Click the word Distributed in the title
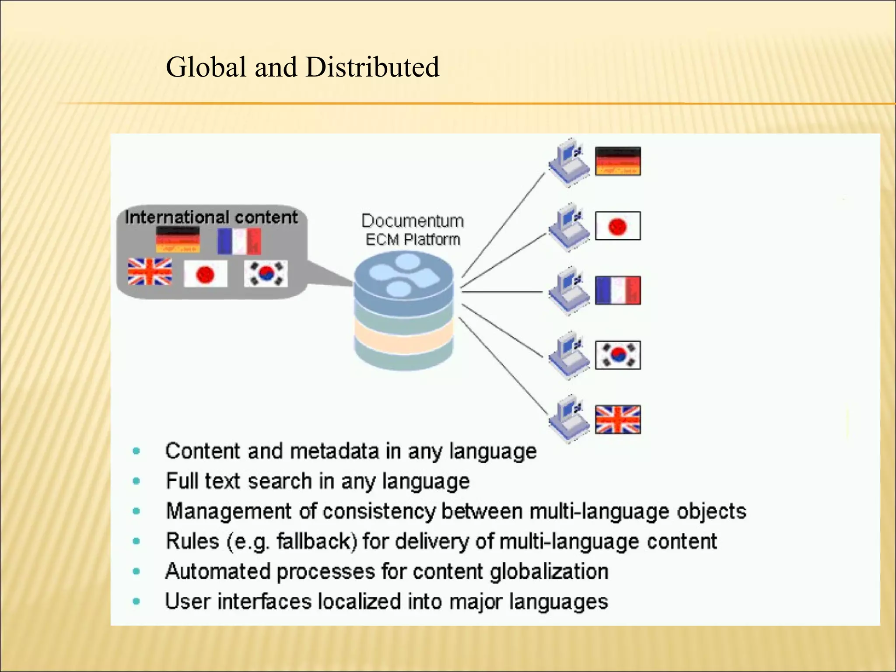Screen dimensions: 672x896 pos(372,67)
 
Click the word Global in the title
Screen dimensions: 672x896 pos(206,67)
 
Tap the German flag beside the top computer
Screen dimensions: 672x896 pos(618,161)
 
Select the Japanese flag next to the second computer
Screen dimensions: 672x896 pos(618,226)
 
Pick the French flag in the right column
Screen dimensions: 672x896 pos(618,290)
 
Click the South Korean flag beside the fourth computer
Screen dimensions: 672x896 pos(618,355)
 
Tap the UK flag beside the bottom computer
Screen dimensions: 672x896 pos(618,420)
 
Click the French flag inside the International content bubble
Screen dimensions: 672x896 pos(239,241)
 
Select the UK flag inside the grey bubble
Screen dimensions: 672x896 pos(150,272)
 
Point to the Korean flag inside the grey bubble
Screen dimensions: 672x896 pos(266,273)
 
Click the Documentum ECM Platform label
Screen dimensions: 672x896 pos(412,230)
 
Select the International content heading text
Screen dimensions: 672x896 pos(211,217)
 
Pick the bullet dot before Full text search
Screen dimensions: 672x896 pos(136,481)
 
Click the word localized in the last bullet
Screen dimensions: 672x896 pos(359,601)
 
